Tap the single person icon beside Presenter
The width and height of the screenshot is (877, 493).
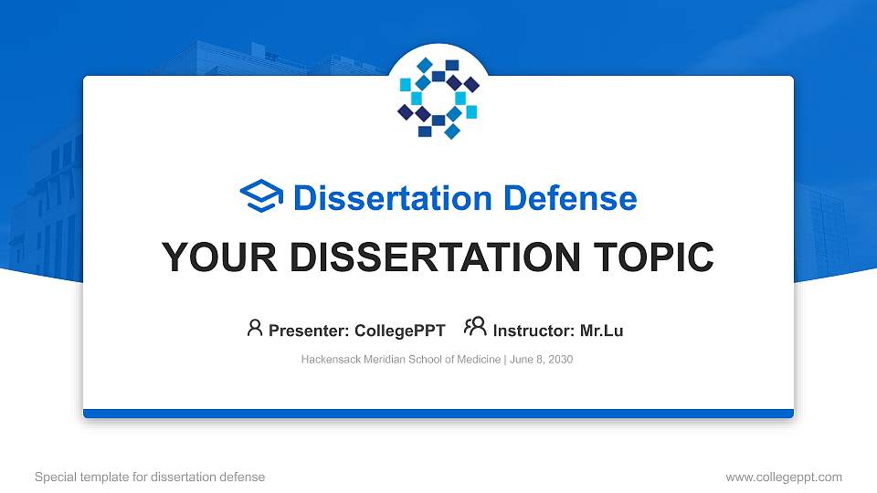(255, 328)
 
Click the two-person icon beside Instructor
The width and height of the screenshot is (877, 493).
(475, 328)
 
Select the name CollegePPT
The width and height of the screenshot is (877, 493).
(400, 330)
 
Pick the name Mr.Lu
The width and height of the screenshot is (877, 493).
(602, 330)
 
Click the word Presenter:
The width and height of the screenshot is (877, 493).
(303, 330)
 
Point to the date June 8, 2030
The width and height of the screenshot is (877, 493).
(541, 360)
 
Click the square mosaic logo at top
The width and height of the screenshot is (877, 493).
(438, 98)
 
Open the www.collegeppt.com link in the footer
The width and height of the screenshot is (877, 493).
(783, 477)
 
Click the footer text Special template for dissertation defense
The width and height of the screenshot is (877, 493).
(150, 477)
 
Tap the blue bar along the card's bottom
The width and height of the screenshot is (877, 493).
(438, 414)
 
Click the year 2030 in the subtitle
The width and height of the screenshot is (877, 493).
(559, 360)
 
